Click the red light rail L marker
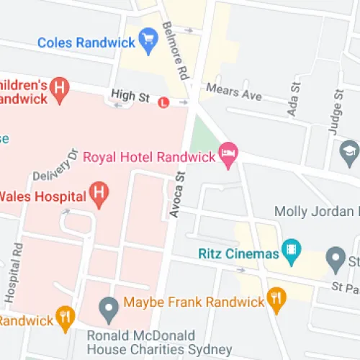tap(165, 102)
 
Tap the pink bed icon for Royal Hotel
tap(228, 153)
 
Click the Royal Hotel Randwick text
tap(150, 157)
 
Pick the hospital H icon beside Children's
tap(60, 89)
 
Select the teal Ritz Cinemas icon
tap(291, 251)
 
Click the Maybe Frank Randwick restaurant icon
tap(275, 297)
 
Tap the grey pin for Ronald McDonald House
tap(109, 310)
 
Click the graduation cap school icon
tap(349, 152)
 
